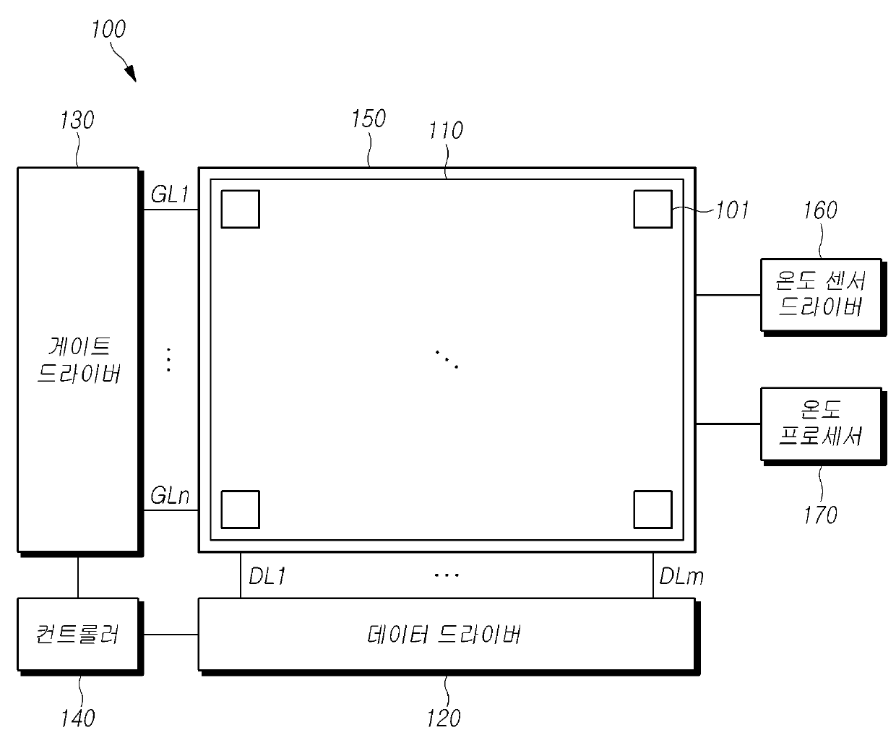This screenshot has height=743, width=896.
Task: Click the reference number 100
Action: pos(108,30)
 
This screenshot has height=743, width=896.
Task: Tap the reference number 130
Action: pos(77,120)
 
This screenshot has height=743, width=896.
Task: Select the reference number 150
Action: pos(369,119)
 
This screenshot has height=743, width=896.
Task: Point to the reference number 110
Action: pos(445,131)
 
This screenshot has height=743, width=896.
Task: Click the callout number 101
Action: pos(732,210)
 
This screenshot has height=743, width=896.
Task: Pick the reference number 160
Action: pos(820,210)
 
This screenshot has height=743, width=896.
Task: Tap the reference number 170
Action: pos(820,515)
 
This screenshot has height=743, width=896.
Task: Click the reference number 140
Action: pos(77,718)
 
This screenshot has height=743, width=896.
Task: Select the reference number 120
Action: pos(443,718)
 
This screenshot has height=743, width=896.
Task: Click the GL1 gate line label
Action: pos(170,195)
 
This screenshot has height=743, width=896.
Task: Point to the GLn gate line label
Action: pos(171,497)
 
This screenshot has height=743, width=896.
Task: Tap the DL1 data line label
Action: pos(267,576)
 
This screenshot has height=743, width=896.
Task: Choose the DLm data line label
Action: pos(681,576)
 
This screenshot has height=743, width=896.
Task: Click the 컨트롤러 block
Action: pos(78,635)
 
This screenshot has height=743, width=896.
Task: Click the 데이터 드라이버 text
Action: pos(444,635)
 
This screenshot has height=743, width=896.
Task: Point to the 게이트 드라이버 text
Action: pos(78,360)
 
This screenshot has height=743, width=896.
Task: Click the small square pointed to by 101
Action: pos(652,209)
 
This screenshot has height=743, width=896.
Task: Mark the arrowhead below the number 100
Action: pos(130,73)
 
